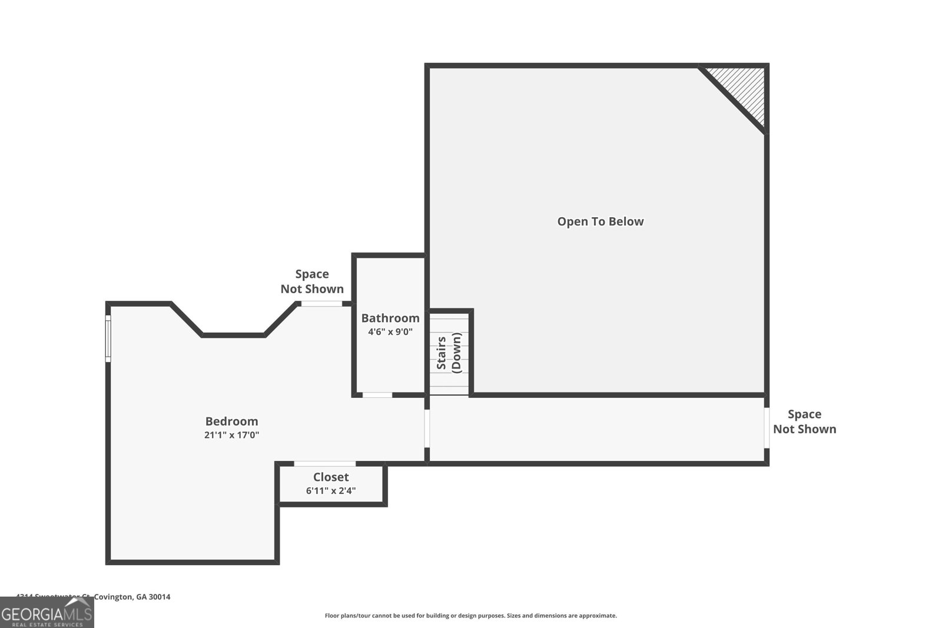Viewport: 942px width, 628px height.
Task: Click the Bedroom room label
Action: (231, 421)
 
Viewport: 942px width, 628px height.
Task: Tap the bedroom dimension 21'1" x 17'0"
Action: (231, 436)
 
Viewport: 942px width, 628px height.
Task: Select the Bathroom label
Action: (390, 318)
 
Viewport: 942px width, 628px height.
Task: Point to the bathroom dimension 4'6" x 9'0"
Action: (390, 332)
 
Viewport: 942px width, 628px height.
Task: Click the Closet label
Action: (331, 477)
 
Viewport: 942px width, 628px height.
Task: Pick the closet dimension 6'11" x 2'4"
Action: (331, 491)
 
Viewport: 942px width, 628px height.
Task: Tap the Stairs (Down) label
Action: (449, 353)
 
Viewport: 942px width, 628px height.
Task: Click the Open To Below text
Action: (601, 222)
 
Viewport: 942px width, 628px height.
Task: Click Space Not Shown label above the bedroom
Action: (312, 281)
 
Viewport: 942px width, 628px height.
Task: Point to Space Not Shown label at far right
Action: (804, 422)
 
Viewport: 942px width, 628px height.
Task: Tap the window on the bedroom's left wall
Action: (108, 338)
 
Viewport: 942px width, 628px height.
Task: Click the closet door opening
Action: (324, 464)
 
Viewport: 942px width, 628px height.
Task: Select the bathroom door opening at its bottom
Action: (377, 395)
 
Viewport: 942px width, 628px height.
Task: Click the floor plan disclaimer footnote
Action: (470, 616)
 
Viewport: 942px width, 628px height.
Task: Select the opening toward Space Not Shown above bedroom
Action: (321, 304)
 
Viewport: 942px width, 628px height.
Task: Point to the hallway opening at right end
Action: (767, 428)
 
